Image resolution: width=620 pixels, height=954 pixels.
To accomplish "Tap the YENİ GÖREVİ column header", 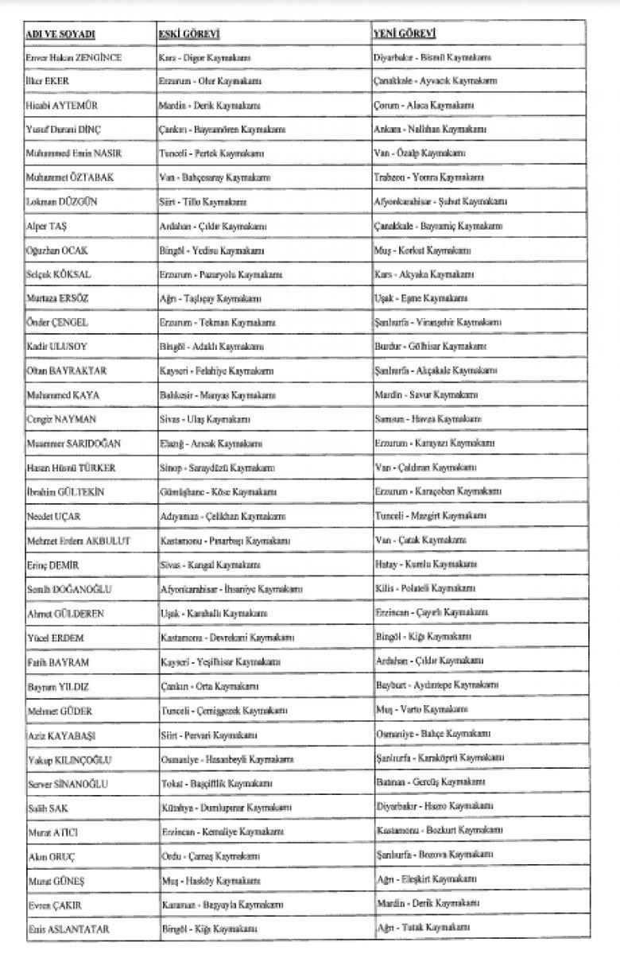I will pos(405,34).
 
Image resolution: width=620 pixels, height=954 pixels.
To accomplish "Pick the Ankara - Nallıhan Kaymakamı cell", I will pos(429,129).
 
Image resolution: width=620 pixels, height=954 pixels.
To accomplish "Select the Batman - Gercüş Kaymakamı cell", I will pos(426,783).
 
